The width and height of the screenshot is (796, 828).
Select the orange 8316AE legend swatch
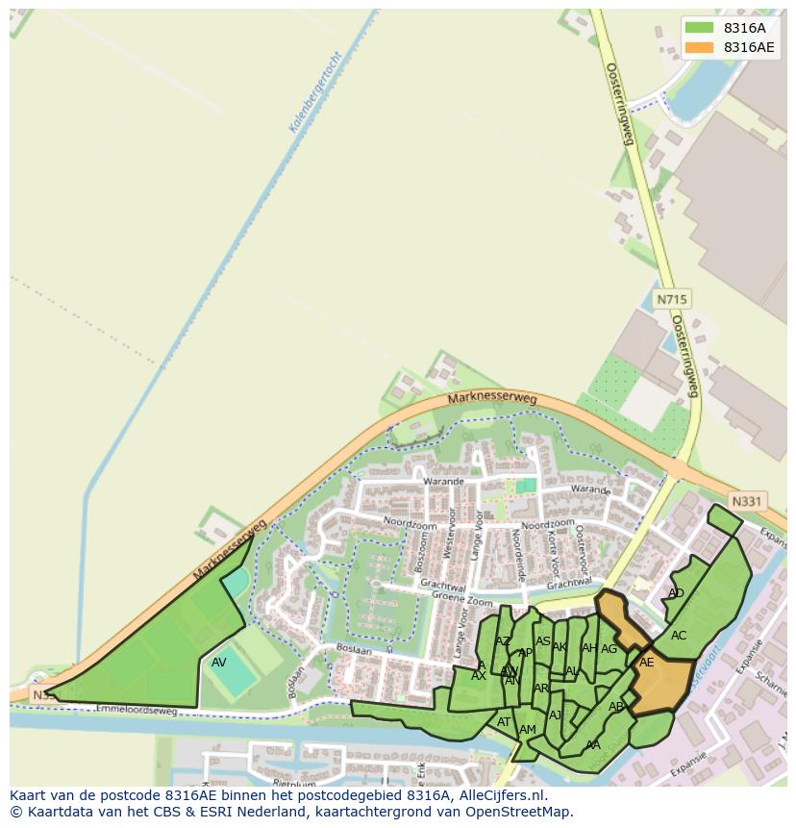coord(699,47)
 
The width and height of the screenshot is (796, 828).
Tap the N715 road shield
coord(672,300)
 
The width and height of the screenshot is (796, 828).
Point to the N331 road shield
coord(746,501)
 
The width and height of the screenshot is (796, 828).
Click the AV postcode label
coord(219,663)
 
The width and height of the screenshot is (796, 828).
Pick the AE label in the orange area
coord(647,663)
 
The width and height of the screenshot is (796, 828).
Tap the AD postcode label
coord(676,593)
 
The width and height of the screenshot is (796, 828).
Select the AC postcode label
coord(679,636)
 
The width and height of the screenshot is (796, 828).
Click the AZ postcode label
coord(503,641)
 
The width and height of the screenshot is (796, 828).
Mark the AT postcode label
coord(504,722)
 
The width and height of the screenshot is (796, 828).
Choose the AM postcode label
coord(528,730)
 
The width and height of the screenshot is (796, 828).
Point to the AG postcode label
coord(609,649)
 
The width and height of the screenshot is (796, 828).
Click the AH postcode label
coord(589,648)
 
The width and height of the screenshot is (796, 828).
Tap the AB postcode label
coord(616,707)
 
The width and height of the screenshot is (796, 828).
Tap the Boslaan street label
coord(355,651)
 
